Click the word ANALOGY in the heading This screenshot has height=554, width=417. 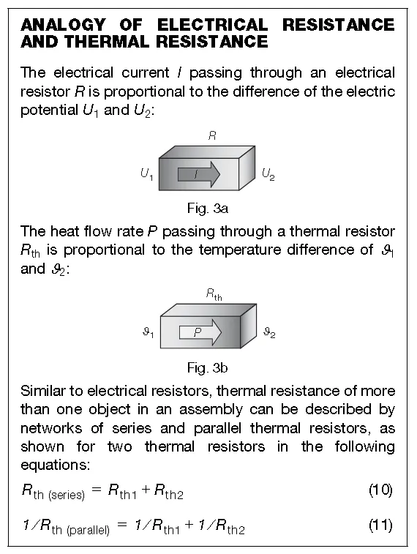(63, 25)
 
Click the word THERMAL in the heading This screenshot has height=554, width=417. (107, 42)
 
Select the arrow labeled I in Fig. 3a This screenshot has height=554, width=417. (199, 174)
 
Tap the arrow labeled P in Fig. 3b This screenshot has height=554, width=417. (200, 332)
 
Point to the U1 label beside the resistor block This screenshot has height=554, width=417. (146, 174)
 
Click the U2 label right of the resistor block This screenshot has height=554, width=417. (268, 174)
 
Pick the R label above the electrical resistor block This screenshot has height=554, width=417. (212, 135)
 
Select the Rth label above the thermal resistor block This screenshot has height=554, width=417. (214, 295)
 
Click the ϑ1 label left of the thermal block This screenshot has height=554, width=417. (149, 332)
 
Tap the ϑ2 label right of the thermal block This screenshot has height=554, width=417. (269, 332)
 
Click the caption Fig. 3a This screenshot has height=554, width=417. (208, 209)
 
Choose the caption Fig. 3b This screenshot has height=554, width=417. (208, 368)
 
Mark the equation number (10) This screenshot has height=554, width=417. (381, 490)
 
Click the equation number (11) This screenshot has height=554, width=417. (381, 525)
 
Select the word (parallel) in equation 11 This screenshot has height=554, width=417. (89, 531)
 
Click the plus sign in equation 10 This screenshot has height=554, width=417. (146, 490)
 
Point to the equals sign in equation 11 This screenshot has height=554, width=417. (122, 525)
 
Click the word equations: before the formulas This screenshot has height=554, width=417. (56, 465)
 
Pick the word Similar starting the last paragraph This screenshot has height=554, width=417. (43, 391)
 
